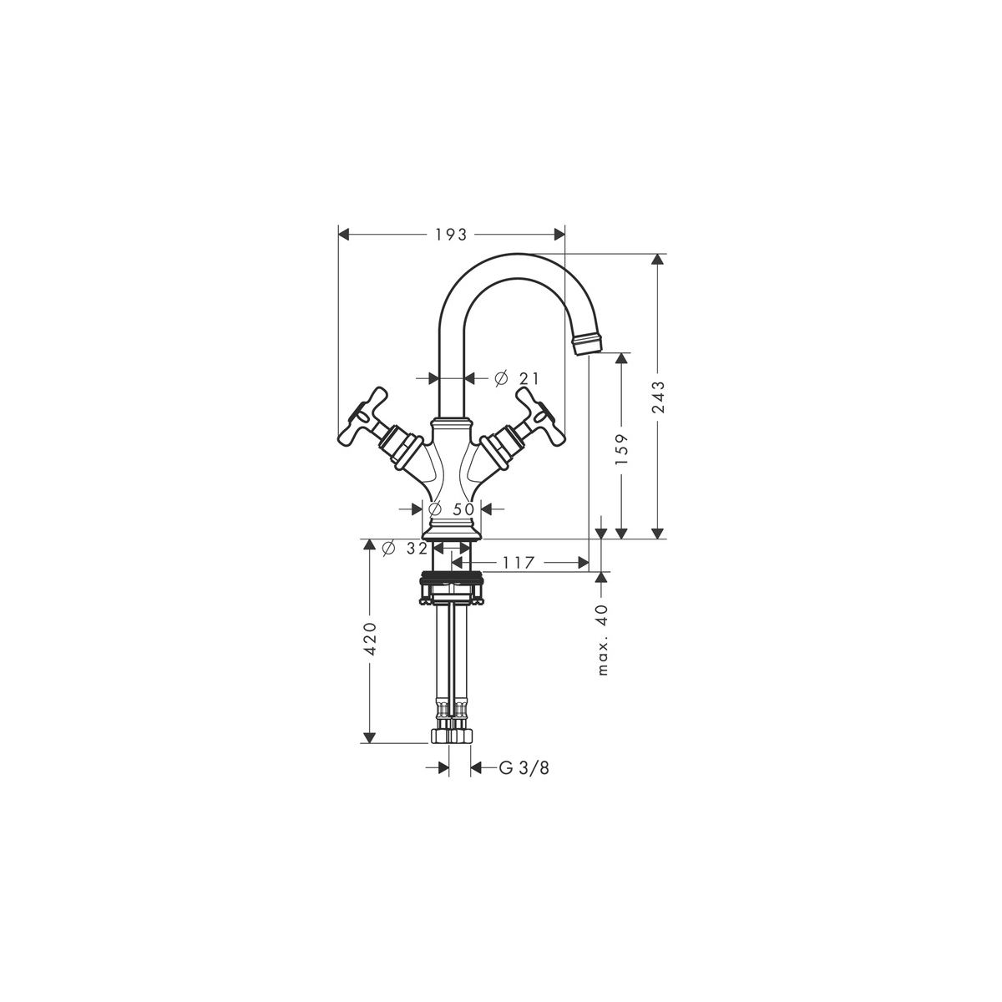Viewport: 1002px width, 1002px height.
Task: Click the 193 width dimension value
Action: pyautogui.click(x=451, y=235)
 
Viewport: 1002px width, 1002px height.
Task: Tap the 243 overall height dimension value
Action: pyautogui.click(x=658, y=397)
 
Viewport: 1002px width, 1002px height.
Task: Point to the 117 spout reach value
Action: pyautogui.click(x=519, y=562)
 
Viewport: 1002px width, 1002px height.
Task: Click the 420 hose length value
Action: pyautogui.click(x=371, y=637)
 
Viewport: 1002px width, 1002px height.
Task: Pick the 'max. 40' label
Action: pyautogui.click(x=602, y=640)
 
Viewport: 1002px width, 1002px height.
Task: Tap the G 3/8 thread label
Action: pyautogui.click(x=524, y=782)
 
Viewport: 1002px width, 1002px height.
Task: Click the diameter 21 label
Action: pyautogui.click(x=516, y=378)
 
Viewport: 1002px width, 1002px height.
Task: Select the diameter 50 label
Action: pyautogui.click(x=452, y=509)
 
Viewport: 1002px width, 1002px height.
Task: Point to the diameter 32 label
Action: pyautogui.click(x=404, y=548)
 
